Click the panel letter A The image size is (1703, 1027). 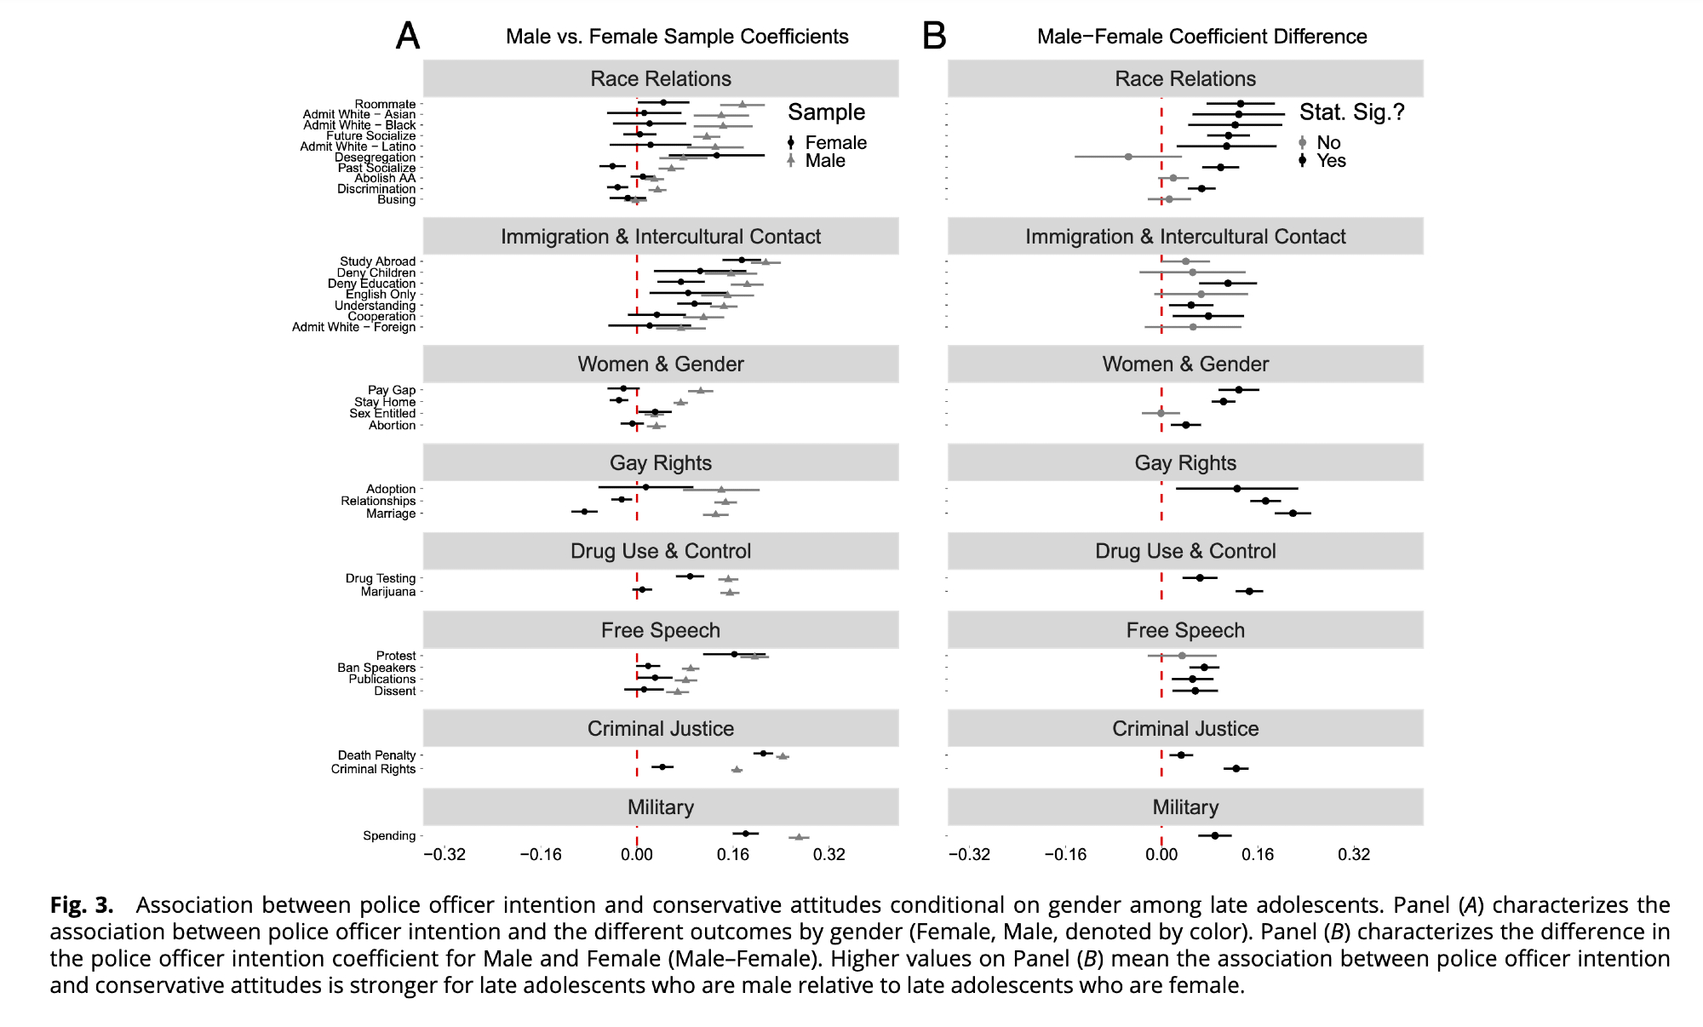click(x=408, y=36)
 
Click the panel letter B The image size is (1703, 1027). click(x=934, y=36)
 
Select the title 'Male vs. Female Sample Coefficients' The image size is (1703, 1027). click(x=677, y=37)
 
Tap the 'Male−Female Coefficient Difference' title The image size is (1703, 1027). click(x=1201, y=37)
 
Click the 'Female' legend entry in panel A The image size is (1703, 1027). click(x=835, y=143)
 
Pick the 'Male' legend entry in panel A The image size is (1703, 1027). click(x=825, y=161)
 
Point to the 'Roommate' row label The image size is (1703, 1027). click(x=385, y=104)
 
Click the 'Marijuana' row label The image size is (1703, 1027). click(x=388, y=592)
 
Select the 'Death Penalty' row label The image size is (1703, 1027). click(x=376, y=755)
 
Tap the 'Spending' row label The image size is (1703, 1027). click(x=389, y=835)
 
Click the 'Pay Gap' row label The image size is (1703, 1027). click(x=392, y=390)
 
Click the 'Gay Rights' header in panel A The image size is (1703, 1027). click(x=661, y=462)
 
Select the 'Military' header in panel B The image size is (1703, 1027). click(x=1185, y=807)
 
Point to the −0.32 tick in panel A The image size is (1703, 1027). click(x=444, y=854)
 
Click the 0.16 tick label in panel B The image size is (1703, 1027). click(x=1258, y=854)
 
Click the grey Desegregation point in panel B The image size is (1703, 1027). click(x=1128, y=157)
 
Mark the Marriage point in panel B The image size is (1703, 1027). click(x=1293, y=513)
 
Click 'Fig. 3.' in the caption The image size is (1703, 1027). click(x=81, y=904)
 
